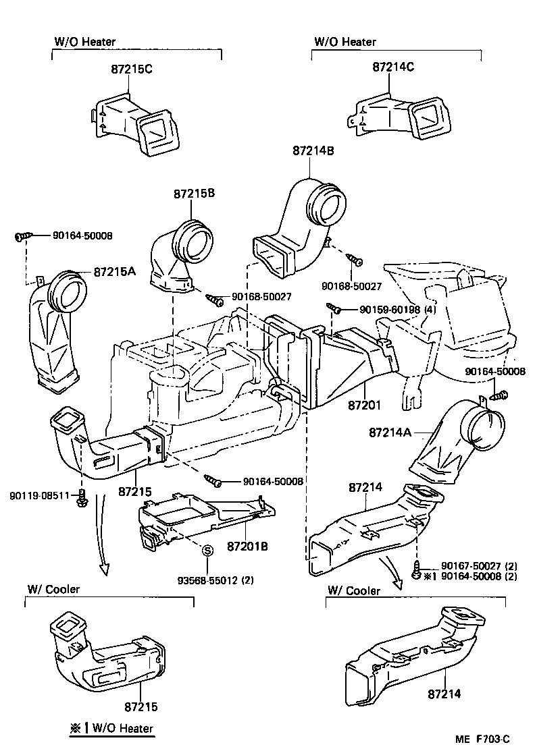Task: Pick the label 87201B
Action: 247,545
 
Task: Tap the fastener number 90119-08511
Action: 40,495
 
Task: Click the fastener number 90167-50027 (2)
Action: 479,565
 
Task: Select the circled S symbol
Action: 208,551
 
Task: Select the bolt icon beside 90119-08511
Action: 82,499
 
